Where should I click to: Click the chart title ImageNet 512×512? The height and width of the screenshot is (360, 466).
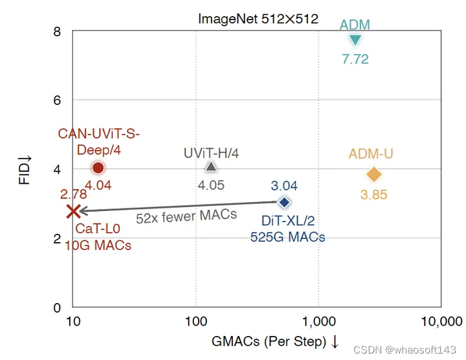coord(258,19)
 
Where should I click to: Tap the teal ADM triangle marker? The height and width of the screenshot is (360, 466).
coord(355,40)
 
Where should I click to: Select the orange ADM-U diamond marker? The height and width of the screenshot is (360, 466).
coord(373,174)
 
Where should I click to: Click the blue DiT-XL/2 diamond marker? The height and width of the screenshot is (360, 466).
coord(283,202)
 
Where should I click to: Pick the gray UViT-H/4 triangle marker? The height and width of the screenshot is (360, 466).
coord(210,166)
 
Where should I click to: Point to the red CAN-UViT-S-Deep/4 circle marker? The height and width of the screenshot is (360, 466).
coord(98,168)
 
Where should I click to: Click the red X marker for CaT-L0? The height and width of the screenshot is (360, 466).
coord(73,210)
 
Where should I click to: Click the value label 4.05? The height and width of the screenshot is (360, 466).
coord(210,185)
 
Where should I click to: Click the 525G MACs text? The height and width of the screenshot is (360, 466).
coord(287,237)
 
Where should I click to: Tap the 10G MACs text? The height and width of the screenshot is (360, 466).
coord(98,245)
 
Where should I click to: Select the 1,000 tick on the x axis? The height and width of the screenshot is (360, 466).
coord(318,321)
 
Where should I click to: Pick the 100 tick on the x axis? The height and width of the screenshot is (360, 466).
coord(195,321)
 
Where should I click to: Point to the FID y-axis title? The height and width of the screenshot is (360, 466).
coord(25,170)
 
